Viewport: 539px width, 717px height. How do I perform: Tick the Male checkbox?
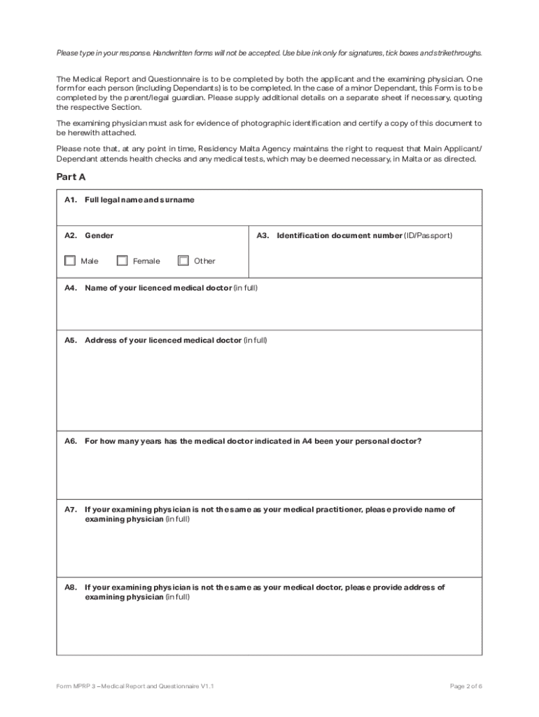pyautogui.click(x=70, y=260)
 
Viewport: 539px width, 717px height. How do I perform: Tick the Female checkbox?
pyautogui.click(x=122, y=260)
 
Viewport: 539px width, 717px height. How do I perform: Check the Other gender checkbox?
pyautogui.click(x=183, y=260)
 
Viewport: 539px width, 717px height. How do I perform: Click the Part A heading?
pyautogui.click(x=71, y=177)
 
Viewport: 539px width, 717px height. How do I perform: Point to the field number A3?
pyautogui.click(x=262, y=235)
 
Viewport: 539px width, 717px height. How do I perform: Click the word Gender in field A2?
pyautogui.click(x=99, y=235)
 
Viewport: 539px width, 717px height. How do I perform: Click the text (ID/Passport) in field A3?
pyautogui.click(x=428, y=235)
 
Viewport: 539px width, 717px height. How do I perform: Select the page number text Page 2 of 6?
pyautogui.click(x=465, y=686)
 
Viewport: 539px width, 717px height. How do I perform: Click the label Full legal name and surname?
pyautogui.click(x=139, y=200)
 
